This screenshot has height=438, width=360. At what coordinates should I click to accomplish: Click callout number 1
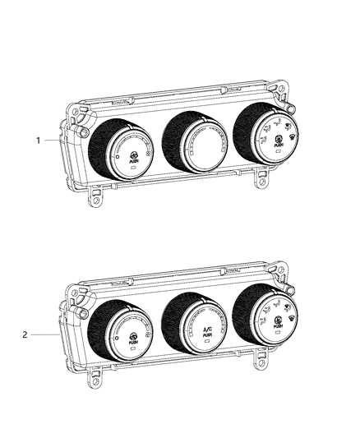[x=38, y=141]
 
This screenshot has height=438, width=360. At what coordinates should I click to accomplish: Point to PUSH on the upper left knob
[x=134, y=162]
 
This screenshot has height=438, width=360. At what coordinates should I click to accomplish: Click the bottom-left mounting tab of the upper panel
[x=97, y=196]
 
